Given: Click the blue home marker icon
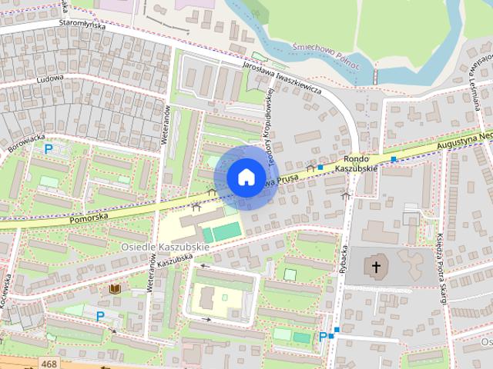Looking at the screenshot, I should (246, 177).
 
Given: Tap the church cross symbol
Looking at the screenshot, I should (376, 268).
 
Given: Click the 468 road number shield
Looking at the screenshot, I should (49, 364).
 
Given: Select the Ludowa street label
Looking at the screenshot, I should (49, 78).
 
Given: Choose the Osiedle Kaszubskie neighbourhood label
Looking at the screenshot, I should (165, 247).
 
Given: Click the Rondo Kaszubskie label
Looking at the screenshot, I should (358, 162).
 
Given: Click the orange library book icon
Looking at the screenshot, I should (115, 288).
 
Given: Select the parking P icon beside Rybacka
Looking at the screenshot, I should (323, 336).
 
